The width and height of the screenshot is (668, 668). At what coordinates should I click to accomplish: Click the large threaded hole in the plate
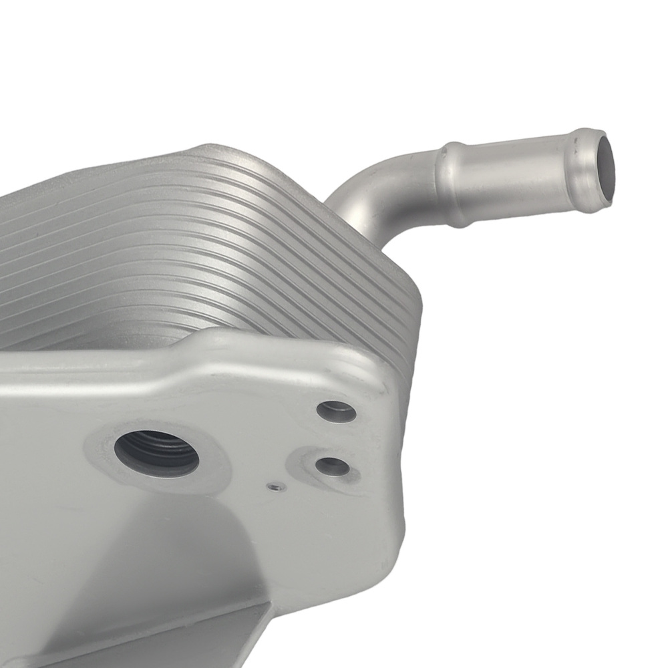(157, 452)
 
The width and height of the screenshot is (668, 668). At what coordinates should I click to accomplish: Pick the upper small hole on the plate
(336, 411)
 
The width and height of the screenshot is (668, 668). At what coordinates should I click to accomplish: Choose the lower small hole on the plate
(332, 466)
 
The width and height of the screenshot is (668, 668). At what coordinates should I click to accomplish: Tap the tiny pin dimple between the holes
(274, 487)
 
